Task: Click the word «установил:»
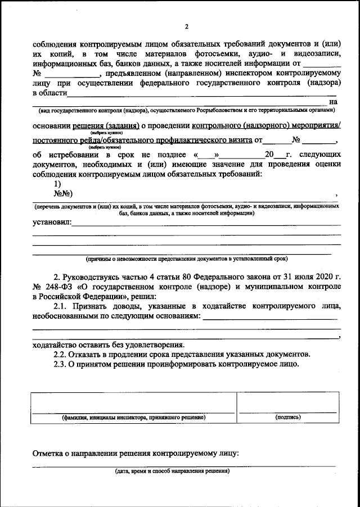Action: click(x=52, y=223)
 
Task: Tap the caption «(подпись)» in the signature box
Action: click(x=287, y=418)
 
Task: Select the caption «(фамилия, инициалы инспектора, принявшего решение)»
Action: click(x=133, y=418)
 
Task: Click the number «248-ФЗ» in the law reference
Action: click(x=57, y=286)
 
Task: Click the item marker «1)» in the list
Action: click(x=57, y=184)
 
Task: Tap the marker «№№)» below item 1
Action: click(x=64, y=193)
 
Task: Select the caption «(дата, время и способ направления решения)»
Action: click(x=169, y=471)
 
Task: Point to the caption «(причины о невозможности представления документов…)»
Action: click(x=186, y=259)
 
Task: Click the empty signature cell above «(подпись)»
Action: click(x=287, y=402)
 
